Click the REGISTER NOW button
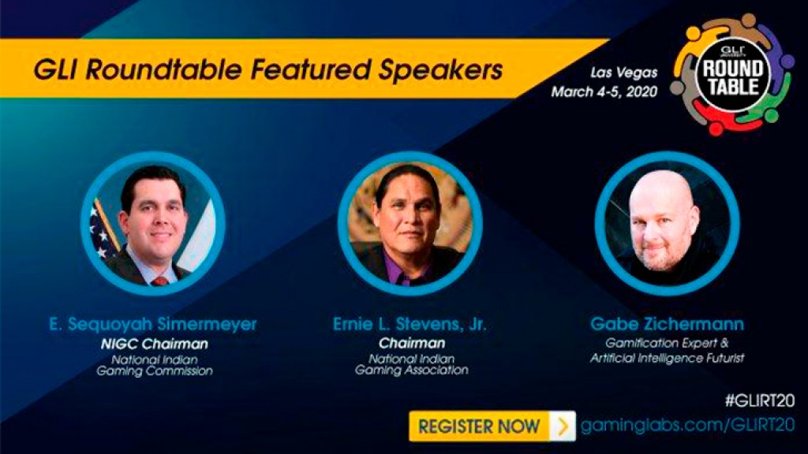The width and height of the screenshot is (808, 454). tap(492, 426)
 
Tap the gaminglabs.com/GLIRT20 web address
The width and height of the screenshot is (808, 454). tap(687, 426)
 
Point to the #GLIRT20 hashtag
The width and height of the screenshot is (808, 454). tap(760, 400)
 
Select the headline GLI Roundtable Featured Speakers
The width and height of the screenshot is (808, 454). tap(268, 69)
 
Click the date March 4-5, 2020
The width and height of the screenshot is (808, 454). tap(604, 91)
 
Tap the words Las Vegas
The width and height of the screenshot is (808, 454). tap(623, 73)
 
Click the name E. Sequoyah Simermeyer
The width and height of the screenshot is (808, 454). tap(153, 324)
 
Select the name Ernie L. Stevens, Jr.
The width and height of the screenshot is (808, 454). tap(410, 324)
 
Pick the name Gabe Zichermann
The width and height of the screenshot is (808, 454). tap(667, 324)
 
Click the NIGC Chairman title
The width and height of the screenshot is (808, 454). tap(154, 344)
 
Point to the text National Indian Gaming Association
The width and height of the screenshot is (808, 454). tap(411, 364)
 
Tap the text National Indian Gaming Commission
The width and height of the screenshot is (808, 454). tap(155, 365)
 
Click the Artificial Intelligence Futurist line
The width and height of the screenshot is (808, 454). tap(667, 358)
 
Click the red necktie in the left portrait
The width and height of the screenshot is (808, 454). tap(159, 281)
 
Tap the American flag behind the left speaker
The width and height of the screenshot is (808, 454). tap(103, 229)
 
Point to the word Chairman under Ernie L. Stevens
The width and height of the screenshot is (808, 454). tap(412, 343)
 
